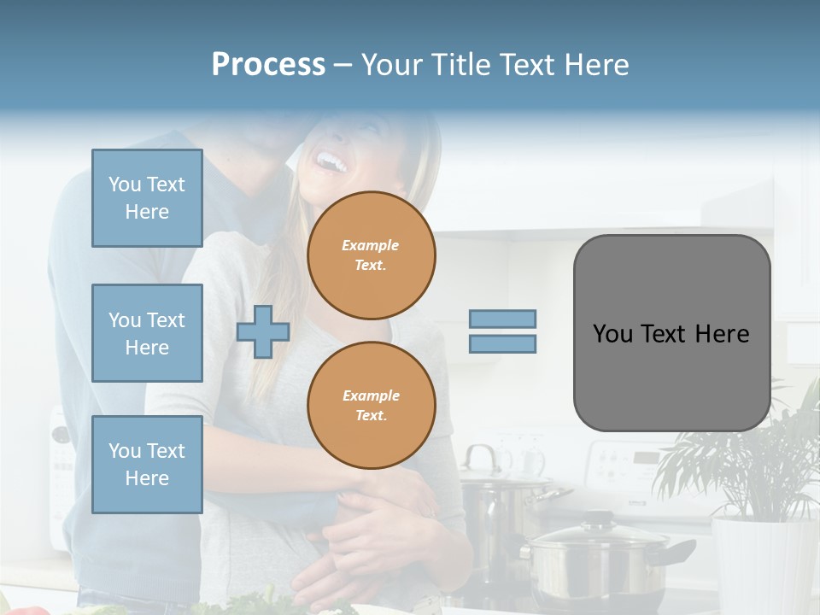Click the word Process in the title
(268, 64)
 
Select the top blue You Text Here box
(147, 198)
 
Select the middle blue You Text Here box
(147, 333)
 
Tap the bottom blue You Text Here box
(147, 464)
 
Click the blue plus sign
(263, 331)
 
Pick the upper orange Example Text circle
(372, 255)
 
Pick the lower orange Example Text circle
(372, 406)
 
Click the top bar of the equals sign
(502, 319)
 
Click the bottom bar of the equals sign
(502, 344)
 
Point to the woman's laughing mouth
(329, 160)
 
